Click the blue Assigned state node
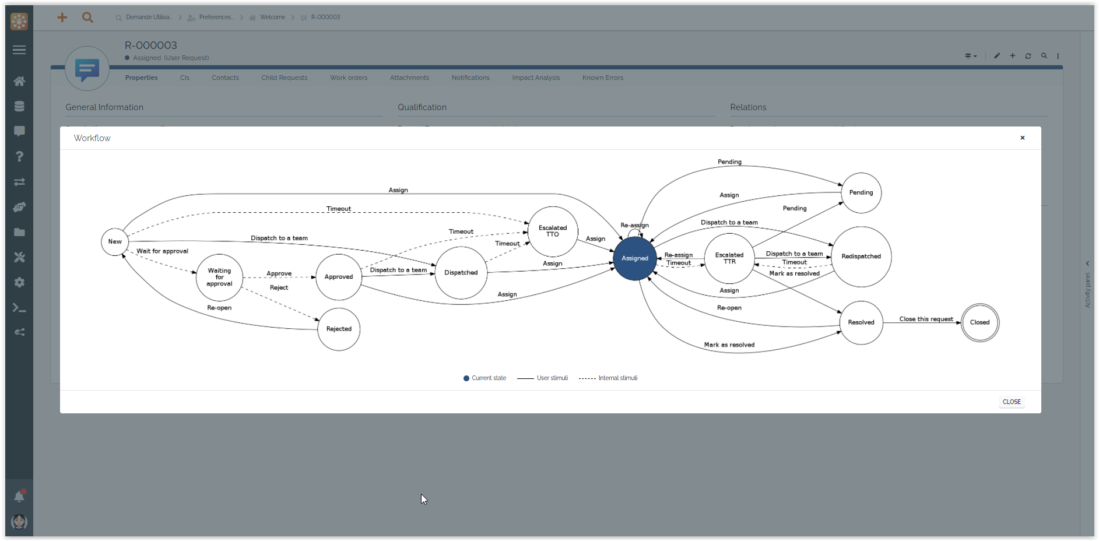coord(635,258)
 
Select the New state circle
coord(115,242)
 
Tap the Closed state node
coord(979,322)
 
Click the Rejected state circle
coord(339,329)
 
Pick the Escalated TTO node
coord(553,231)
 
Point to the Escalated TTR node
coord(729,258)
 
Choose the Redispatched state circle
coord(861,257)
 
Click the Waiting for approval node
coord(219,277)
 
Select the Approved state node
coord(339,277)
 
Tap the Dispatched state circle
coord(461,273)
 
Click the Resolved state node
coord(861,322)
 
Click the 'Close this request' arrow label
coord(926,319)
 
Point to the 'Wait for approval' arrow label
coord(162,251)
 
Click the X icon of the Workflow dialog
coord(1022,138)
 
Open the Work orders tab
coord(349,78)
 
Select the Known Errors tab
coord(602,78)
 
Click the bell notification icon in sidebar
coord(19,496)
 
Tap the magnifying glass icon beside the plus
coord(87,17)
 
